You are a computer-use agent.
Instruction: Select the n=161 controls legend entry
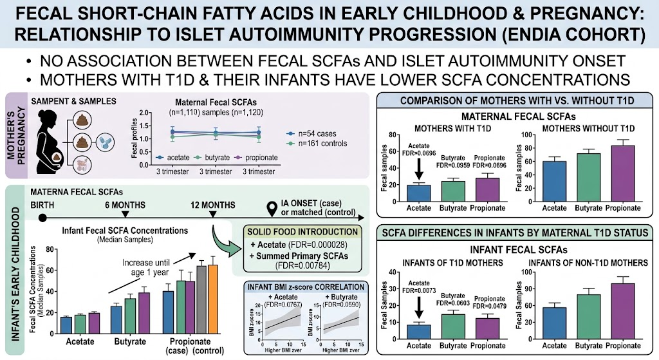coord(317,144)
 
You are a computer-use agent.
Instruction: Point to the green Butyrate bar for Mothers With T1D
coord(453,191)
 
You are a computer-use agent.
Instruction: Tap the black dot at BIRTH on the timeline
coord(42,218)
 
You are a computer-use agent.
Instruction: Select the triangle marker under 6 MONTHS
coord(125,214)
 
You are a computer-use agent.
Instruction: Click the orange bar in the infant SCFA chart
coord(213,299)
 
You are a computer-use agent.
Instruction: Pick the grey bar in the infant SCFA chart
coord(201,300)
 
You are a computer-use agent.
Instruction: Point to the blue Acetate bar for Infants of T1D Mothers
coord(418,332)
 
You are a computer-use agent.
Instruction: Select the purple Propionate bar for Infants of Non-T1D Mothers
coord(623,311)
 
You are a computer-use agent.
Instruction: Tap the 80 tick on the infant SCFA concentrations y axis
coord(50,249)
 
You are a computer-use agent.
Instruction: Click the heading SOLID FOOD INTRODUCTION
coord(302,232)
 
